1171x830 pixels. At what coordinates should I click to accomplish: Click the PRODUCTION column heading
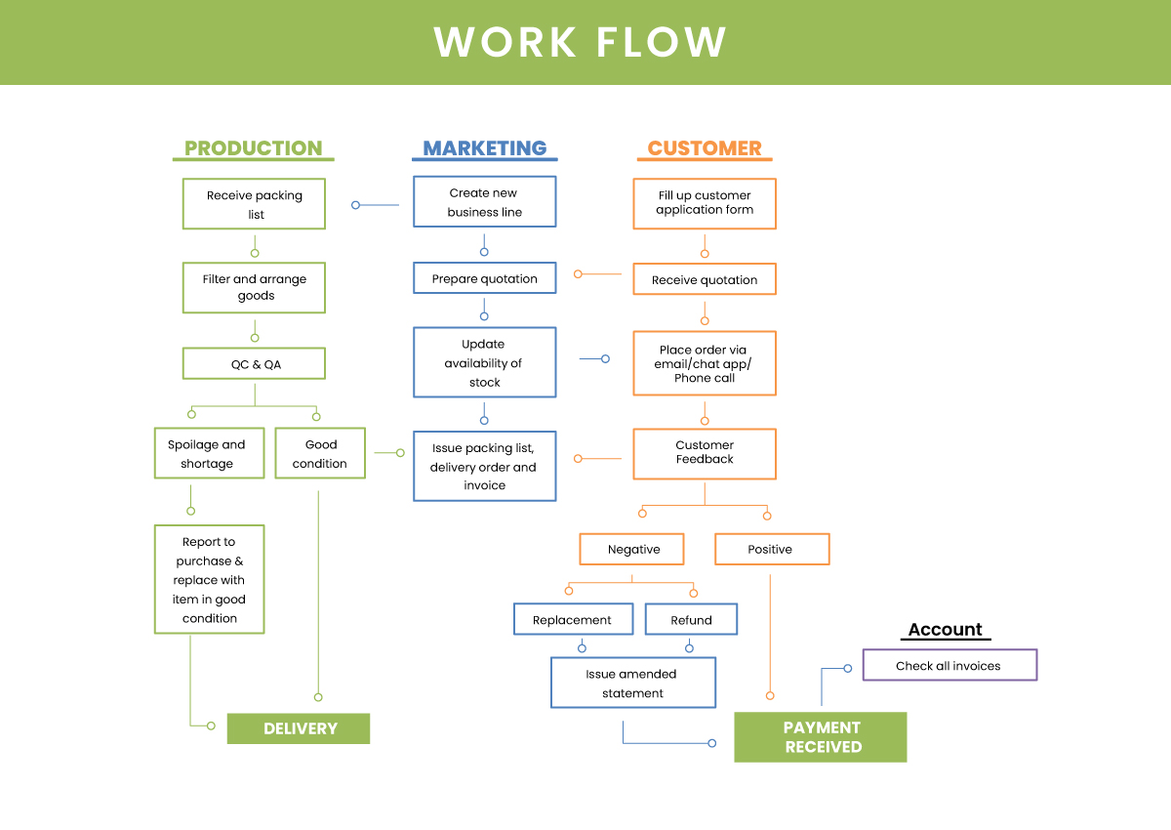pyautogui.click(x=254, y=148)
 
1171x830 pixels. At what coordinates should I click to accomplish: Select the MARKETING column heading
pyautogui.click(x=485, y=148)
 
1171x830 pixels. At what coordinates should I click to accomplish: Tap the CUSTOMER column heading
pyautogui.click(x=705, y=148)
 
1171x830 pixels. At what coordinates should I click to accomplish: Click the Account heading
pyautogui.click(x=946, y=629)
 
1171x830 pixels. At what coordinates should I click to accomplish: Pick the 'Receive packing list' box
pyautogui.click(x=254, y=204)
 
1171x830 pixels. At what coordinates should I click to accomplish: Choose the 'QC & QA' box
pyautogui.click(x=254, y=363)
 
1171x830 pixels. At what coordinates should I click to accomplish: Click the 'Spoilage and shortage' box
pyautogui.click(x=209, y=453)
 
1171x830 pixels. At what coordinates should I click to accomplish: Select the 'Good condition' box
pyautogui.click(x=320, y=453)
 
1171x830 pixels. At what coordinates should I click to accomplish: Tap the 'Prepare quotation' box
pyautogui.click(x=485, y=278)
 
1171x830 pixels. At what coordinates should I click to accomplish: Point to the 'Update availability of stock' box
pyautogui.click(x=485, y=362)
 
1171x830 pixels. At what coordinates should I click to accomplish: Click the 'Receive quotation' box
pyautogui.click(x=705, y=279)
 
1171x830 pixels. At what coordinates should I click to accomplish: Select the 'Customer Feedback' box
pyautogui.click(x=705, y=454)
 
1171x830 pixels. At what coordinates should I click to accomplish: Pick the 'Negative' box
pyautogui.click(x=632, y=549)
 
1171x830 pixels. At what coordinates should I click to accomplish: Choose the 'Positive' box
pyautogui.click(x=772, y=549)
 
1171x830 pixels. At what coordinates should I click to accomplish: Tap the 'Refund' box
pyautogui.click(x=691, y=620)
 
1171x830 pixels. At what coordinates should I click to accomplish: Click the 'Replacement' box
pyautogui.click(x=574, y=620)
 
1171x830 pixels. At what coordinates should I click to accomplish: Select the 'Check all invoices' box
pyautogui.click(x=949, y=665)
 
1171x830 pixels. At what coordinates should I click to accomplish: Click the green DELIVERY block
pyautogui.click(x=299, y=728)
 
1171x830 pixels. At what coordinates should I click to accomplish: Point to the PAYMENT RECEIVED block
pyautogui.click(x=821, y=737)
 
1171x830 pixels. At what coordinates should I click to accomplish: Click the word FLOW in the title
pyautogui.click(x=662, y=42)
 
